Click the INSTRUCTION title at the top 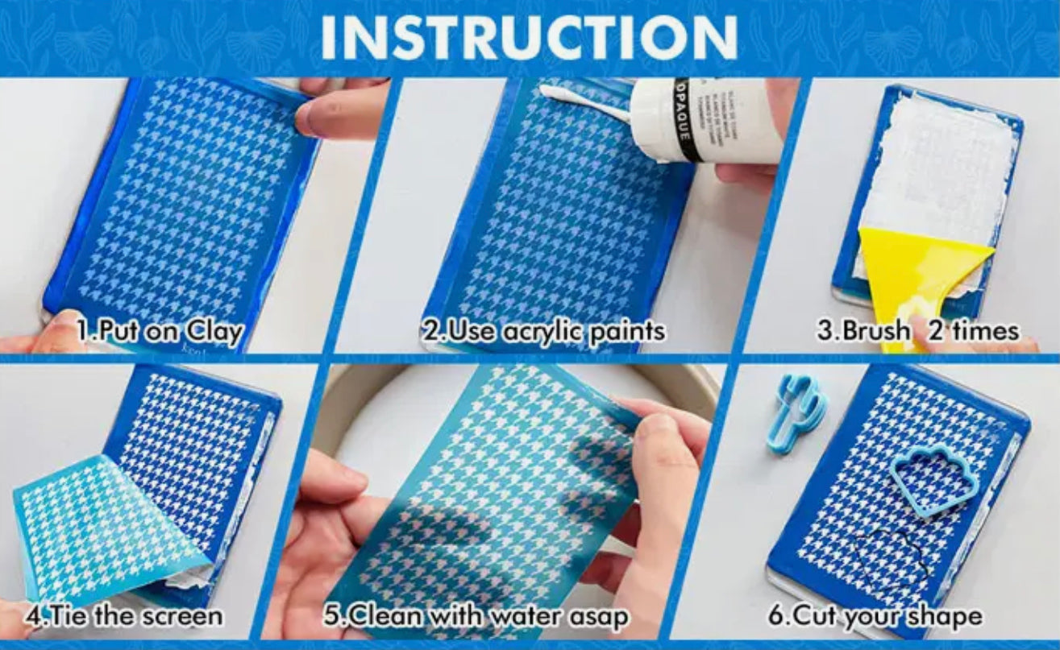coord(529,36)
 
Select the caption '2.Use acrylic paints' coord(545,331)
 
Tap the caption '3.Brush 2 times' coord(917,331)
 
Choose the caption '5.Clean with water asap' coord(476,616)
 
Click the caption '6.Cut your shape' coord(875,616)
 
